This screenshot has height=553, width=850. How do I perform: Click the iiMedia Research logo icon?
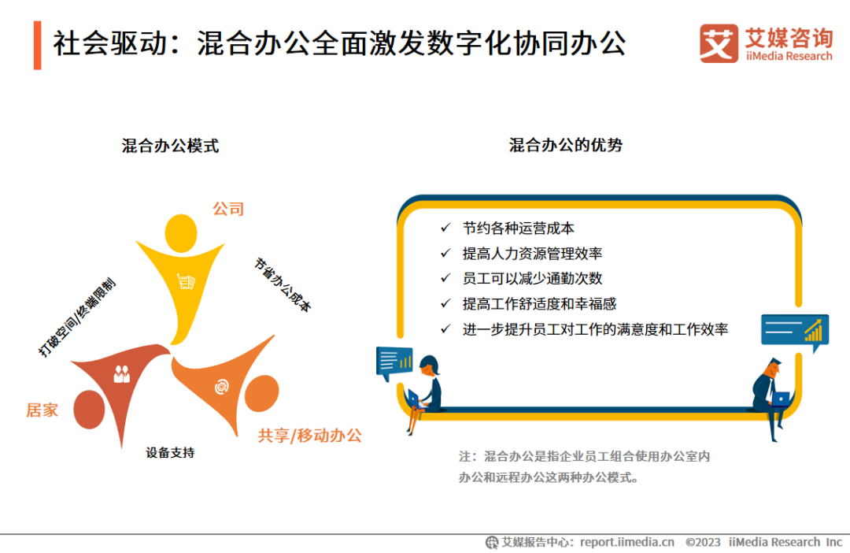pos(719,43)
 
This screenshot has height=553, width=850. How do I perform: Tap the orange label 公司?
pos(228,209)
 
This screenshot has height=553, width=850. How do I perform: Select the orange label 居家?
pos(42,410)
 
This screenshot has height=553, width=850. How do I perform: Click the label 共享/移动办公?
pos(310,435)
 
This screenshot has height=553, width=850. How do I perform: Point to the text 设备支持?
pos(170,453)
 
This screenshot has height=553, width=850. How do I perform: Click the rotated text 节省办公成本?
pos(283,284)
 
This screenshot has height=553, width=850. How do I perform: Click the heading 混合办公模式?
pos(170,146)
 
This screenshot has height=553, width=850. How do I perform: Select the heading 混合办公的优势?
pos(566,145)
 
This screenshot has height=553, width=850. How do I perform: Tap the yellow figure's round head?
pos(182,232)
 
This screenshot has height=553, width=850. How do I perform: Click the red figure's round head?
pos(89,410)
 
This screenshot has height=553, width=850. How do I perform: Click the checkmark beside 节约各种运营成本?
pos(445,228)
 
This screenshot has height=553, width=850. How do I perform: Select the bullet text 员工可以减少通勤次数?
pos(533,278)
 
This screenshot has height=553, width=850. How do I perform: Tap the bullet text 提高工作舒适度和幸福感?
pos(539,303)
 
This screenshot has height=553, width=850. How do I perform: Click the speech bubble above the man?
pos(794,331)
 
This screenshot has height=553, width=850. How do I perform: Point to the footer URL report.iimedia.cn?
pos(627,542)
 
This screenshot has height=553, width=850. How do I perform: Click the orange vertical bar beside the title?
pos(37,45)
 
